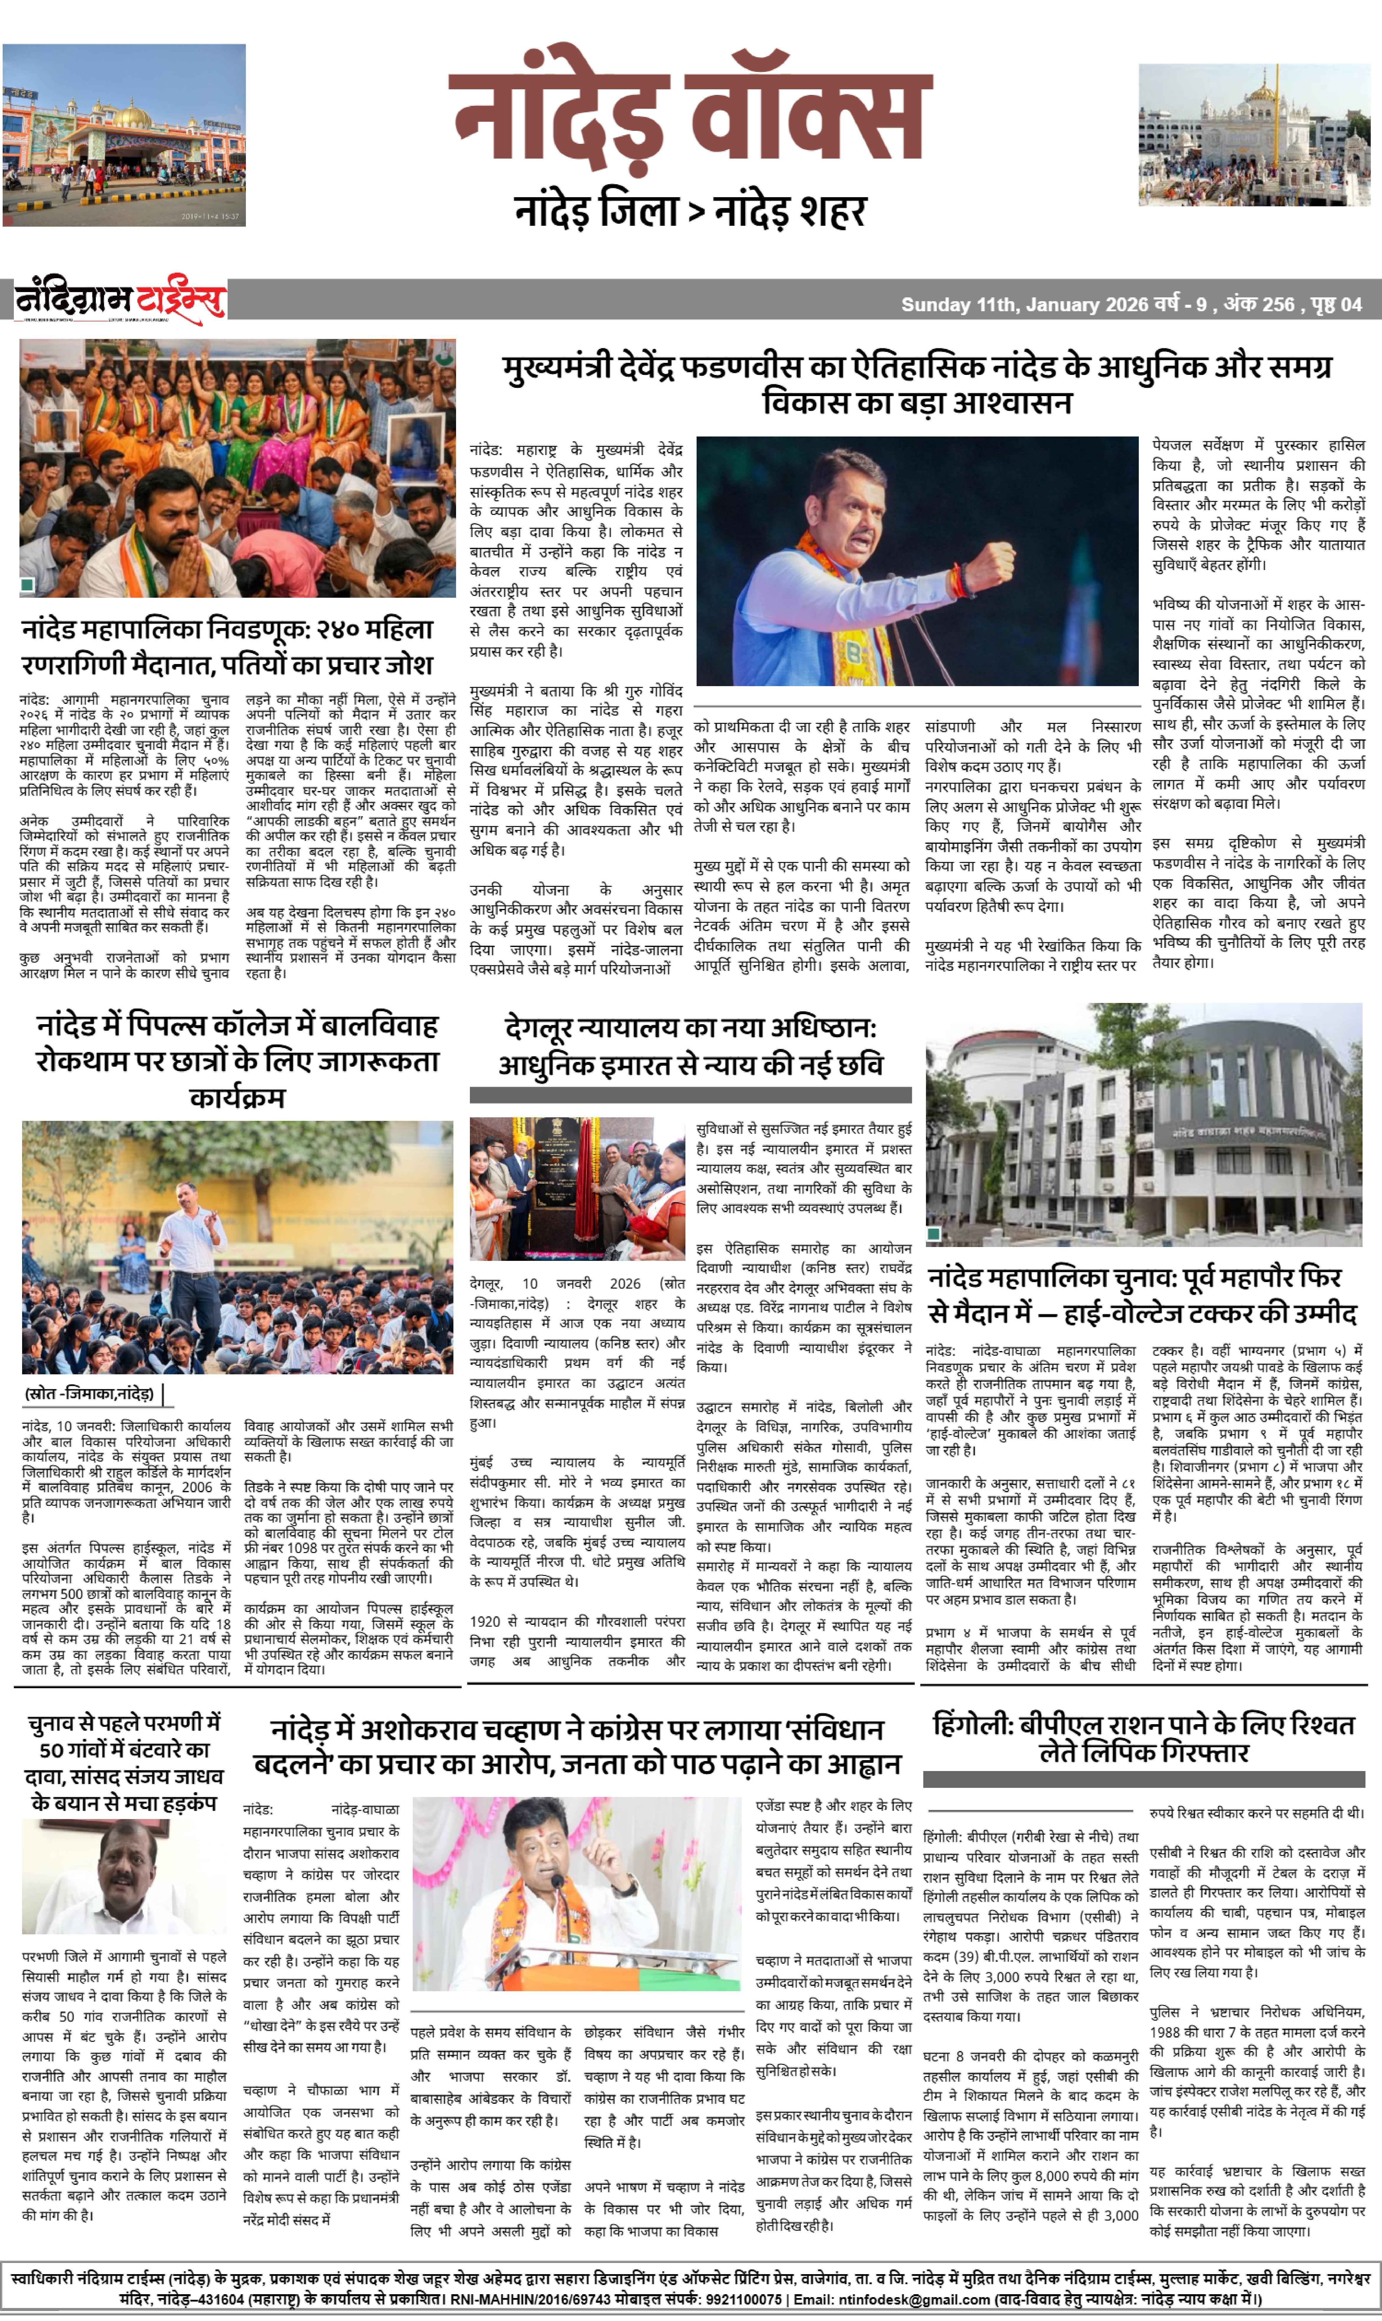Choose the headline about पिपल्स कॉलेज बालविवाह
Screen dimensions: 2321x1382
[x=238, y=1060]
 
